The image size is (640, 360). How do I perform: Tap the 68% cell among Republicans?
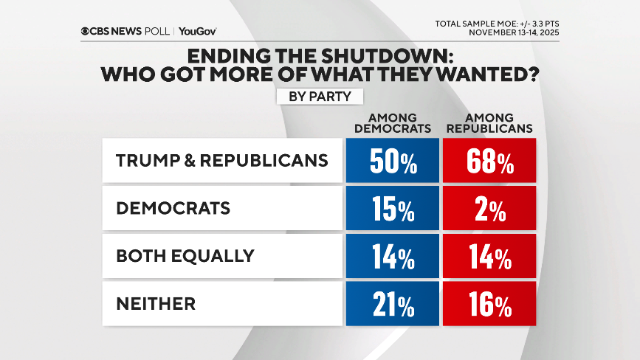pyautogui.click(x=489, y=161)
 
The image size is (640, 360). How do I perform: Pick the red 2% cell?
pyautogui.click(x=489, y=209)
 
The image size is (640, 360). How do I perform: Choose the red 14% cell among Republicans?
pyautogui.click(x=489, y=256)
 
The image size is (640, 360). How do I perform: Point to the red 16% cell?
pyautogui.click(x=489, y=304)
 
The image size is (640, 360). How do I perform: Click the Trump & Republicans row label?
pyautogui.click(x=222, y=161)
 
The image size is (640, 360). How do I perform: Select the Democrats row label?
pyautogui.click(x=173, y=209)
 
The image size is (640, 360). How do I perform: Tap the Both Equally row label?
pyautogui.click(x=185, y=256)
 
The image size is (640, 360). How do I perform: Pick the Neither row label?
pyautogui.click(x=156, y=304)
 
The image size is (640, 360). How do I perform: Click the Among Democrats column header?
pyautogui.click(x=392, y=123)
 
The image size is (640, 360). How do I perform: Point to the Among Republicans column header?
pyautogui.click(x=489, y=123)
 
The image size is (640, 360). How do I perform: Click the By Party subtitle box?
pyautogui.click(x=320, y=96)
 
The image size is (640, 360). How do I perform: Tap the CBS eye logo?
pyautogui.click(x=86, y=31)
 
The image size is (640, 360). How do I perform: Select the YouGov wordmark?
pyautogui.click(x=197, y=31)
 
